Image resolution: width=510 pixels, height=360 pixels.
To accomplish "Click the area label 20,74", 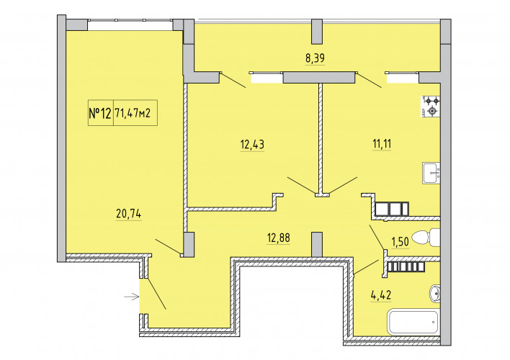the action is tap(128, 214).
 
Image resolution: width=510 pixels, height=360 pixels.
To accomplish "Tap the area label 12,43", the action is tap(252, 144).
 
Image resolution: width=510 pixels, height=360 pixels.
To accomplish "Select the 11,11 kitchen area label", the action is tap(382, 143).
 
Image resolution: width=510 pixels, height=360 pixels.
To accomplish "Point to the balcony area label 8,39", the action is tap(315, 58).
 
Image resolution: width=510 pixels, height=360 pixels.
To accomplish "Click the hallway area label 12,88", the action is tap(279, 238).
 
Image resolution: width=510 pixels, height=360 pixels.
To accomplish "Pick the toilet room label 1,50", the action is tap(400, 242).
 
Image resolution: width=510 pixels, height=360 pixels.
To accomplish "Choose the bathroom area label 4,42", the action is tap(380, 295).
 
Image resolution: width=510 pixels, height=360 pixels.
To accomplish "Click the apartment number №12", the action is tap(100, 114).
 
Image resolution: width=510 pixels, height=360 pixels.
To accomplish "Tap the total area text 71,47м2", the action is tap(133, 113).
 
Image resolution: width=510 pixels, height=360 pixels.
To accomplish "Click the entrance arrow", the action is tap(132, 297).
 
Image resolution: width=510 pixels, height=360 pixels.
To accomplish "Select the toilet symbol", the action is tap(426, 238).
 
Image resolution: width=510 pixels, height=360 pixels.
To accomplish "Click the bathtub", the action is tap(413, 322).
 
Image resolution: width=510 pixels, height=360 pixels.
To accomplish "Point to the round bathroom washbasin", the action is tap(435, 293).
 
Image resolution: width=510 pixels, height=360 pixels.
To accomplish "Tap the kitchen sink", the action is tap(431, 173).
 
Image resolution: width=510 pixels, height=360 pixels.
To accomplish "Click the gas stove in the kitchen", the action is tap(431, 107).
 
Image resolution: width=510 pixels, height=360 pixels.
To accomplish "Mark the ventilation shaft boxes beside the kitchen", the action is tap(392, 209).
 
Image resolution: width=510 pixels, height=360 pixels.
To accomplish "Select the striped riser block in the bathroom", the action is tap(406, 267).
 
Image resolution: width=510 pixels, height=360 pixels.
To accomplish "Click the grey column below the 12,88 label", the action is tap(317, 245).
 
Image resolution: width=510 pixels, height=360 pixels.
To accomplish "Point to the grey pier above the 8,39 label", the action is tap(317, 32).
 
